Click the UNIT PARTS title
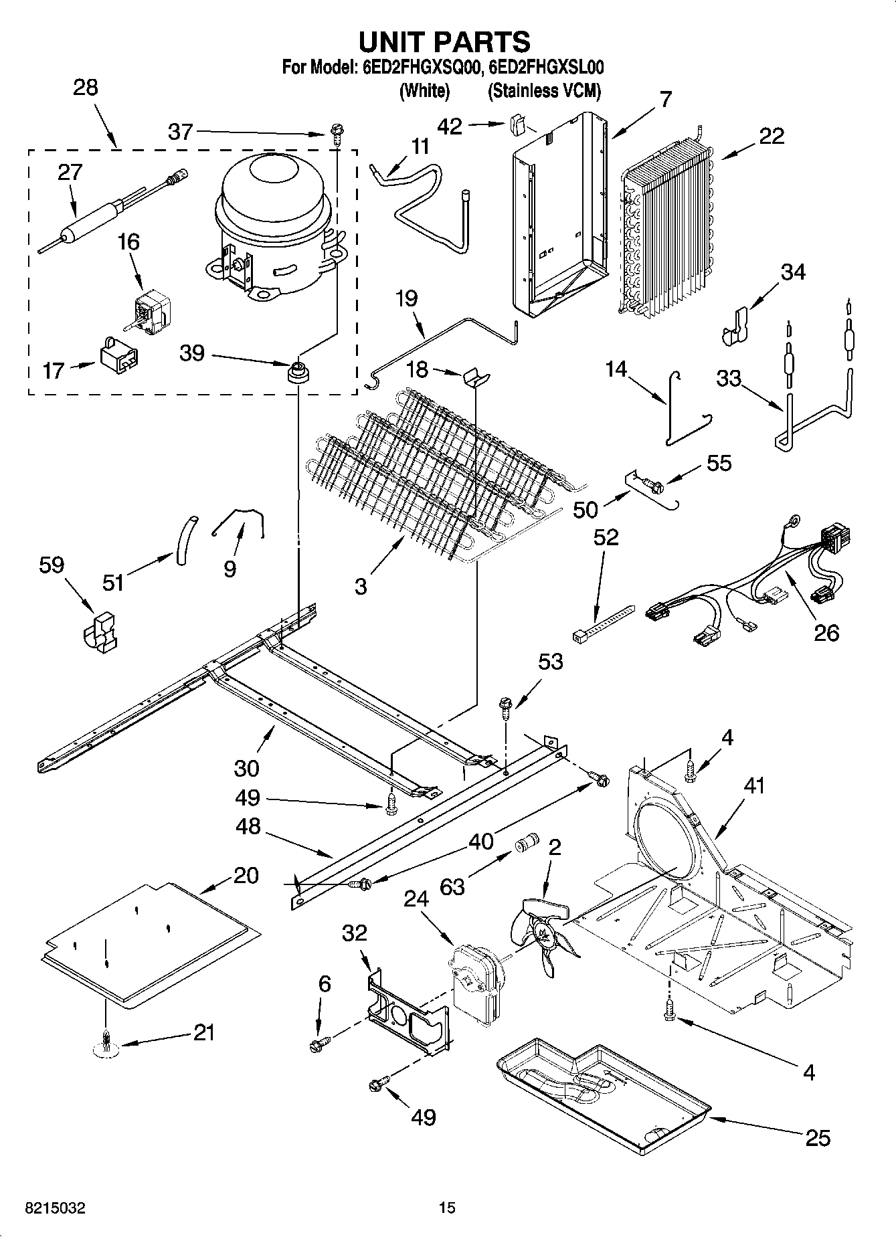pyautogui.click(x=444, y=41)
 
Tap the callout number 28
pyautogui.click(x=85, y=88)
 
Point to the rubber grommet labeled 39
pyautogui.click(x=298, y=371)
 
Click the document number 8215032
pyautogui.click(x=55, y=1208)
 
